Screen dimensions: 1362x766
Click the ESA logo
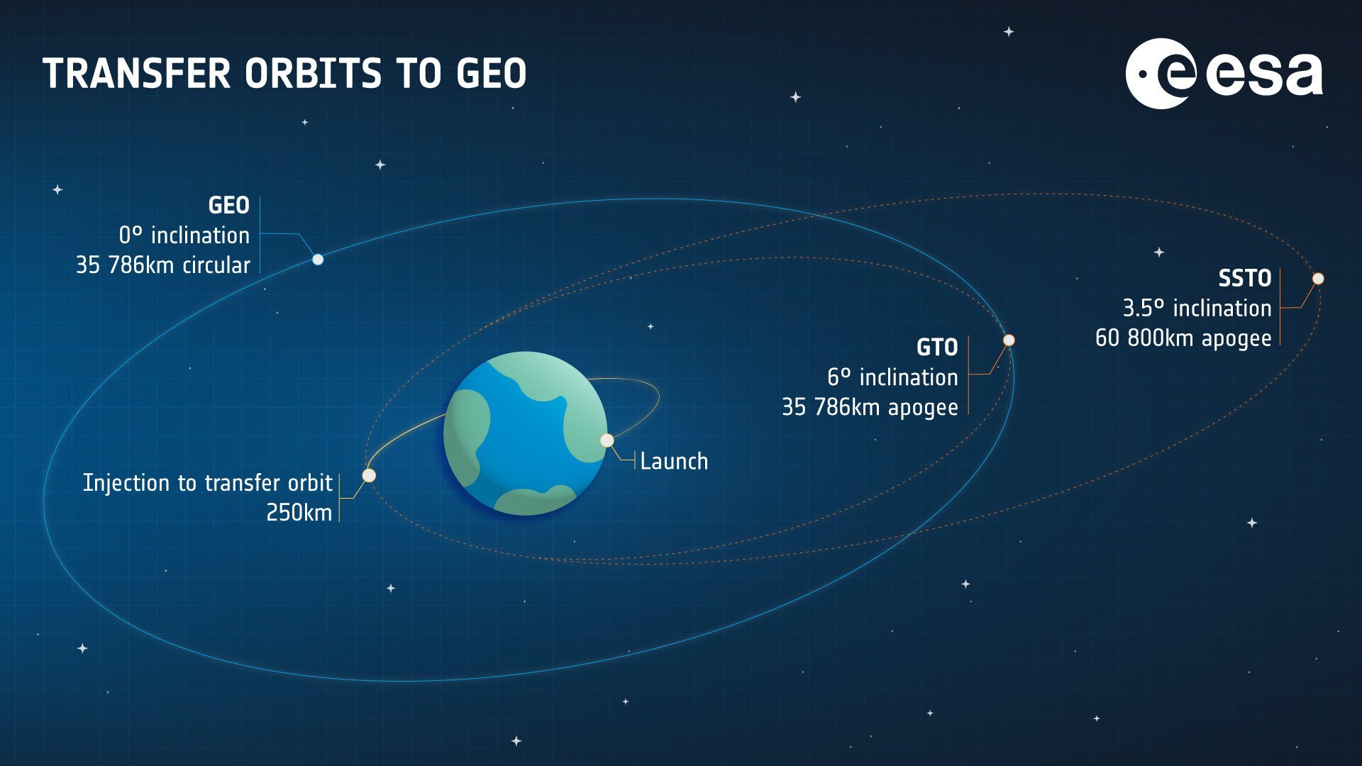1224,74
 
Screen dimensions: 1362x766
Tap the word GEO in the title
491,74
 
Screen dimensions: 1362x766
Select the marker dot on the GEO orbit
318,260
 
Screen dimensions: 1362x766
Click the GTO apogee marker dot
1009,340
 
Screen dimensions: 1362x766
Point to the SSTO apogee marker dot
1318,279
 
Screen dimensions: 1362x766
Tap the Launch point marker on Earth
607,440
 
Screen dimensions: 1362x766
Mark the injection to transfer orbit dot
369,475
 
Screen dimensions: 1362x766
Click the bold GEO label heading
228,206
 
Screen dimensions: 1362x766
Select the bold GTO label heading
937,348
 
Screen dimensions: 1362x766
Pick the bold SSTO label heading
1245,278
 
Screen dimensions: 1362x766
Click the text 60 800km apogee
1183,338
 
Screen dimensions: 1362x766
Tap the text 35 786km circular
163,265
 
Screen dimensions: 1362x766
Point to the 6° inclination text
892,377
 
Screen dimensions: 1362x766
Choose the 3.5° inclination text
1197,309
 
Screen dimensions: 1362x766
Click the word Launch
674,462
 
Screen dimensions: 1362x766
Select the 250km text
299,513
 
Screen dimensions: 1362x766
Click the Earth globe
526,433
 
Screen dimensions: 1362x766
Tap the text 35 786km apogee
870,408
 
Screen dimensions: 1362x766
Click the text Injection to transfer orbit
208,483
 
